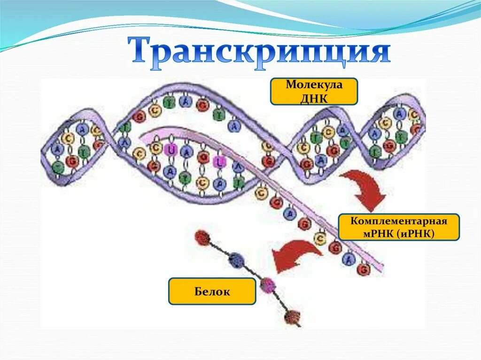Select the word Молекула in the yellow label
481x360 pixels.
[x=314, y=86]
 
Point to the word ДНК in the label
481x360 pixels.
[x=314, y=97]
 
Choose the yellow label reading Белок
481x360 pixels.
[x=212, y=291]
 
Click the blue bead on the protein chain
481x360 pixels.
[x=236, y=259]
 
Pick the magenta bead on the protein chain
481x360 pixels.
[x=267, y=284]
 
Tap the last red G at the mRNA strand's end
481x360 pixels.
[x=363, y=269]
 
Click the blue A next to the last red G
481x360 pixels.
[x=349, y=258]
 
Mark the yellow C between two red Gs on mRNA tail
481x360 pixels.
[x=321, y=238]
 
